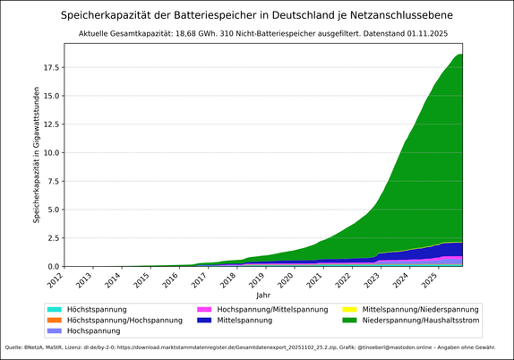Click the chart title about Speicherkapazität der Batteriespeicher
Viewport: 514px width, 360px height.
(x=257, y=15)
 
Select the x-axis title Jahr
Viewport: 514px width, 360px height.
(x=262, y=295)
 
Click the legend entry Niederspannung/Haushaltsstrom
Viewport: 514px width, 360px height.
(x=419, y=320)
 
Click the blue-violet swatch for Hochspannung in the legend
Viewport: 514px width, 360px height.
(x=56, y=331)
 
